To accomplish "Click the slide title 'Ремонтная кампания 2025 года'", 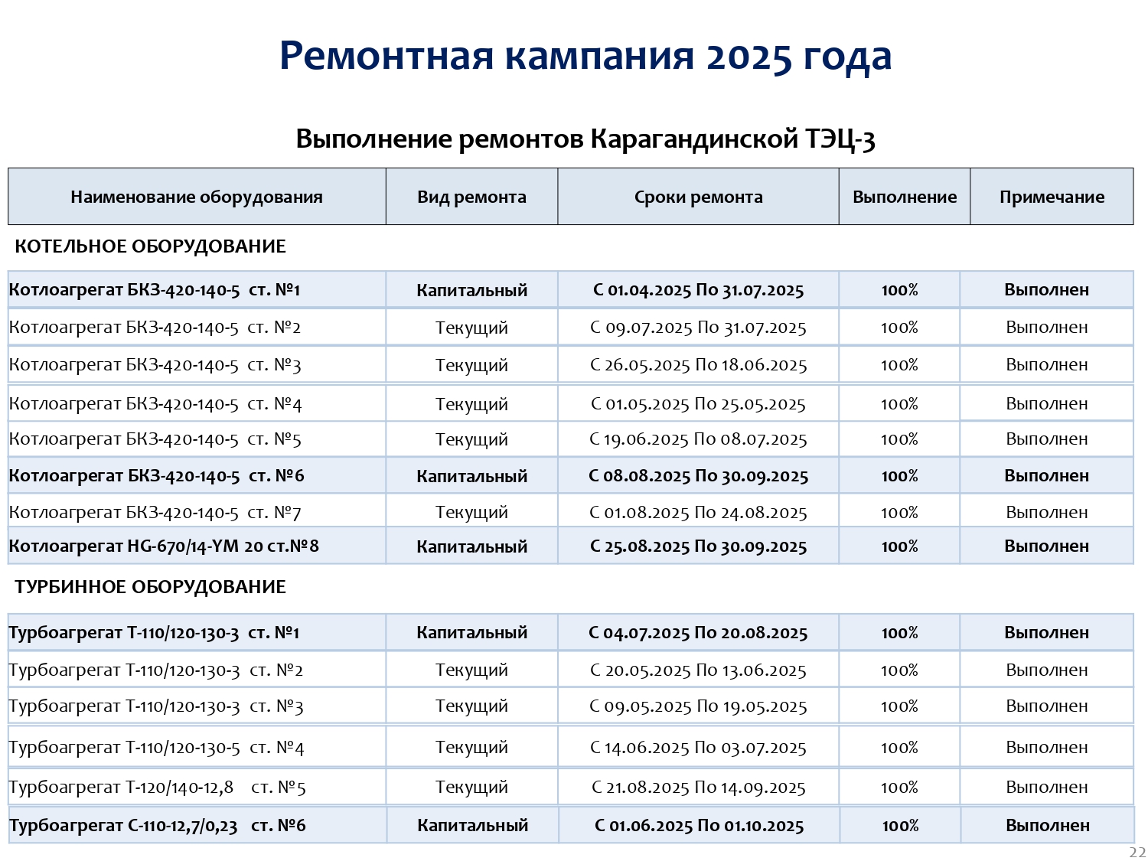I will click(585, 57).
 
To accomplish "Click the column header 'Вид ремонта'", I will click(471, 197).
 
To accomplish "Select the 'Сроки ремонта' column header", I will click(698, 197).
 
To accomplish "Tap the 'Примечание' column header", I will click(1052, 197).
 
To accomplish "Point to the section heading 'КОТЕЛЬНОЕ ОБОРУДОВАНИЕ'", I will click(150, 246).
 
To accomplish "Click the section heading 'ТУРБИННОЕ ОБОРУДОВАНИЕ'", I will click(150, 587).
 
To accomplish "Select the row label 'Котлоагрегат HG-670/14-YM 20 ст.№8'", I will click(164, 546).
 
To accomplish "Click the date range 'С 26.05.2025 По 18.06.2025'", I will click(698, 365).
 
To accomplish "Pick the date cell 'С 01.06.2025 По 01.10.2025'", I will click(699, 826).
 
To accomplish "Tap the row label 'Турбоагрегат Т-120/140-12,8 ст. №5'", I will click(157, 788).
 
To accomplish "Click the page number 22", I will click(1137, 853).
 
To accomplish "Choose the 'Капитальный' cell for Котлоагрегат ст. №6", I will click(471, 476).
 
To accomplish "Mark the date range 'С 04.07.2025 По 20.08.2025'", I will click(698, 633).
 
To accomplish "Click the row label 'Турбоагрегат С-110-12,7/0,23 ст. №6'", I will click(157, 826).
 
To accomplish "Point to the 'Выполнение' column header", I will click(905, 197).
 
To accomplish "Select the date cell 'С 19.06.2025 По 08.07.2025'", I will click(698, 439).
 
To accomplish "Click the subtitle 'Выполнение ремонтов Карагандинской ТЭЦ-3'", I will click(585, 139).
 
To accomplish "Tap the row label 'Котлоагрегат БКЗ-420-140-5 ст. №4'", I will click(155, 404).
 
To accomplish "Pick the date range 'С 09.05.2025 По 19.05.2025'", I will click(698, 706).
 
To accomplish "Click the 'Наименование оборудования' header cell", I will click(197, 197).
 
